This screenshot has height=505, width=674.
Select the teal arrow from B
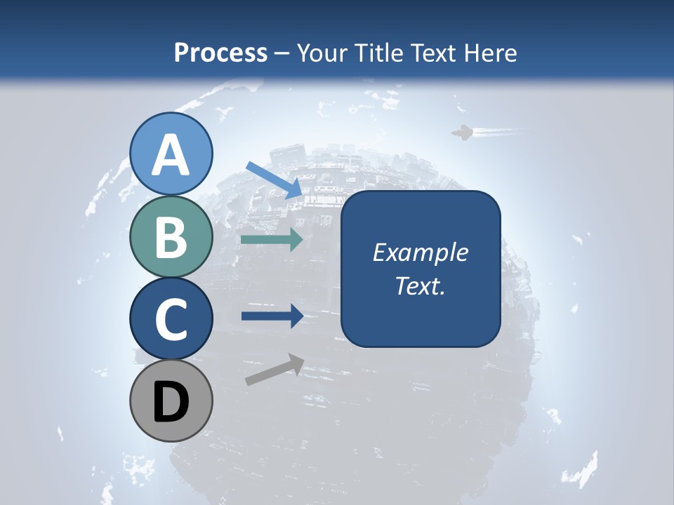[272, 239]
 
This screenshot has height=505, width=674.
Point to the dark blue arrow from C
[272, 316]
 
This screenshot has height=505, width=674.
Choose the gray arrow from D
[275, 370]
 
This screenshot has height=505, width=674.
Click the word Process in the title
[220, 53]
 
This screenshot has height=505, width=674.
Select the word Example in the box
[420, 252]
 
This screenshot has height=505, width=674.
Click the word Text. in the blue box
[420, 285]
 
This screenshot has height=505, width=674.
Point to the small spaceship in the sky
[461, 133]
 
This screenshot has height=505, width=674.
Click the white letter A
[171, 155]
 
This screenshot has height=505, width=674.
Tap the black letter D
[171, 402]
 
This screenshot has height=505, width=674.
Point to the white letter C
[171, 319]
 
